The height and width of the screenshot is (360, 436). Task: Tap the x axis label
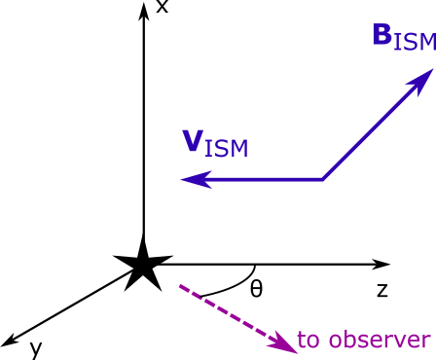[163, 9]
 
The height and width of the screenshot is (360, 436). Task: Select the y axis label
[35, 348]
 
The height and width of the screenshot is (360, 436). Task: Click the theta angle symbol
[255, 289]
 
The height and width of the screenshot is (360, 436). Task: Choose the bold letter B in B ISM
[383, 36]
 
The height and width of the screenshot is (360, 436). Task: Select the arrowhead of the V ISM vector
[193, 179]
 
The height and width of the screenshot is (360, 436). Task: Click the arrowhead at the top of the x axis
[143, 12]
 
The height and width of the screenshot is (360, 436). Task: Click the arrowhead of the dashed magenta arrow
[283, 342]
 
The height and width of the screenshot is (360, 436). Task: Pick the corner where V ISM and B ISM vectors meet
[323, 179]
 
